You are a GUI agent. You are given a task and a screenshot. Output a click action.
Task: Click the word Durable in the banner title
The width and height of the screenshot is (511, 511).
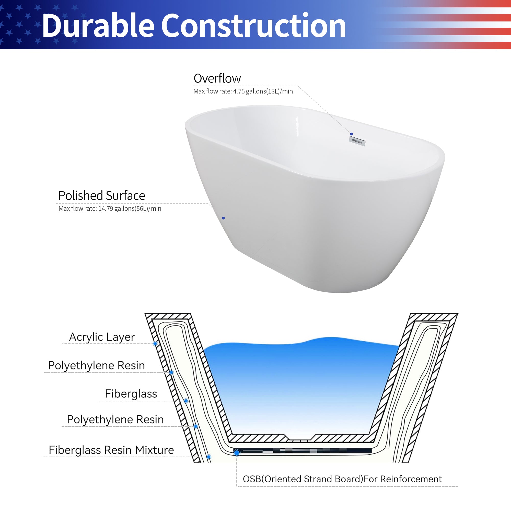pyautogui.click(x=98, y=26)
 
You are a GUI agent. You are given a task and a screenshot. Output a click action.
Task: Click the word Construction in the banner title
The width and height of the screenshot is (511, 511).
pyautogui.click(x=253, y=26)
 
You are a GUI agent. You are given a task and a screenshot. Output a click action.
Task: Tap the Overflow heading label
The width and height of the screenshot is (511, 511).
pyautogui.click(x=217, y=78)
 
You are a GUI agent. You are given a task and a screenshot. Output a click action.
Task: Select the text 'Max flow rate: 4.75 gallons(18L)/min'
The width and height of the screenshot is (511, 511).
pyautogui.click(x=243, y=91)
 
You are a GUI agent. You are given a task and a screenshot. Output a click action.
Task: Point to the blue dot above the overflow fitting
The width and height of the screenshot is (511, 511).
pyautogui.click(x=351, y=134)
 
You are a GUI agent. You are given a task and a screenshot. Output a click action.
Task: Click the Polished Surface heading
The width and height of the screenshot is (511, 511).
pyautogui.click(x=102, y=196)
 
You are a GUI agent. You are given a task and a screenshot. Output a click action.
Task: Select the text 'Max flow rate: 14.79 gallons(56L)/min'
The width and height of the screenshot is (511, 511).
pyautogui.click(x=110, y=209)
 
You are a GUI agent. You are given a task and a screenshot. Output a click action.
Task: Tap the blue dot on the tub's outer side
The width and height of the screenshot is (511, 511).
pyautogui.click(x=224, y=218)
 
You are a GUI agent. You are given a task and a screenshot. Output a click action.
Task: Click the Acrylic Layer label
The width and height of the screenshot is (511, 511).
pyautogui.click(x=102, y=337)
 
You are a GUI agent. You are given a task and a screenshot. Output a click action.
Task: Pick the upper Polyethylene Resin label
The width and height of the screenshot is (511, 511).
pyautogui.click(x=97, y=365)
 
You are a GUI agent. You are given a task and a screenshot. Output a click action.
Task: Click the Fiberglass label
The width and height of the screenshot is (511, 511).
pyautogui.click(x=131, y=393)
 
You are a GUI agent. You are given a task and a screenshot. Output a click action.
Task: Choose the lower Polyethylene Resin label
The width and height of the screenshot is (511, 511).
pyautogui.click(x=115, y=419)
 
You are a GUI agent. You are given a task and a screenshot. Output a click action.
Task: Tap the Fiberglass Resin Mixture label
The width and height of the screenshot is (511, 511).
pyautogui.click(x=111, y=450)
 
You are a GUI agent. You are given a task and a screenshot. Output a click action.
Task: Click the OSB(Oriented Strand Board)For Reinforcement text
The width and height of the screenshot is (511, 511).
pyautogui.click(x=342, y=479)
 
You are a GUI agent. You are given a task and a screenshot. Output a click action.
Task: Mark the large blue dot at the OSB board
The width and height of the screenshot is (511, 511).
pyautogui.click(x=237, y=453)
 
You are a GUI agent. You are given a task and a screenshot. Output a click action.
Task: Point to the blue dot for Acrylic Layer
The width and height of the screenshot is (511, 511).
pyautogui.click(x=155, y=344)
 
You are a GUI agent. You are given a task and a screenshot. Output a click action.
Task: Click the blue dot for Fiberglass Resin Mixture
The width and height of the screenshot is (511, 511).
pyautogui.click(x=209, y=457)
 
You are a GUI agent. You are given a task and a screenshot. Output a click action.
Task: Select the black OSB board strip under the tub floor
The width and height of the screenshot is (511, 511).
pyautogui.click(x=304, y=451)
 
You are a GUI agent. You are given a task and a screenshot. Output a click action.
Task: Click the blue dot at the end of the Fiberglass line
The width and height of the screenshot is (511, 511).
pyautogui.click(x=186, y=401)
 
